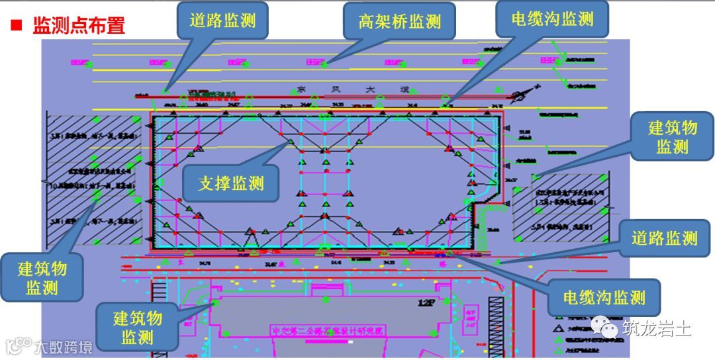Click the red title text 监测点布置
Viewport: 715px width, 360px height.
[x=79, y=26]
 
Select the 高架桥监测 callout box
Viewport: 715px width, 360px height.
[x=400, y=21]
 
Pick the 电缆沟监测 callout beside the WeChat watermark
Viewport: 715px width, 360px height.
[x=604, y=297]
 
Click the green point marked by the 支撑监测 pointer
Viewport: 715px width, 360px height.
[x=289, y=142]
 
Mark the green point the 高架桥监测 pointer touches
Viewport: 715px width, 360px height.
[x=324, y=64]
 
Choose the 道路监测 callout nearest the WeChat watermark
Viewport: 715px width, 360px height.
[x=664, y=238]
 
